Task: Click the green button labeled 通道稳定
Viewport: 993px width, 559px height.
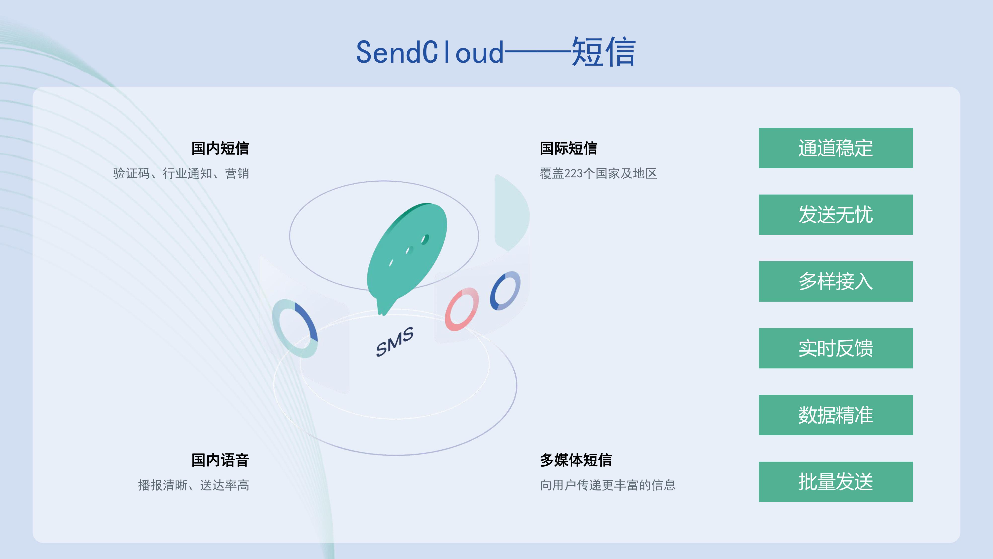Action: [x=835, y=148]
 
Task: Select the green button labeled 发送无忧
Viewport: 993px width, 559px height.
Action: [x=835, y=214]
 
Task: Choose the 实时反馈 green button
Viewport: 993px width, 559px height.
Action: [x=835, y=348]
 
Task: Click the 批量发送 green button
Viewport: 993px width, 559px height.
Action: [x=835, y=482]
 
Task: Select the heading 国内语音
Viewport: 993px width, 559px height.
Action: [x=220, y=460]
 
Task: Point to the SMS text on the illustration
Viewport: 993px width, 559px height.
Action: [x=395, y=342]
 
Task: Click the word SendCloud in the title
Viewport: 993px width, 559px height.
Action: [x=430, y=52]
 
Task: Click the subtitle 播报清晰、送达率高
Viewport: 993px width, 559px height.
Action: [x=194, y=485]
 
